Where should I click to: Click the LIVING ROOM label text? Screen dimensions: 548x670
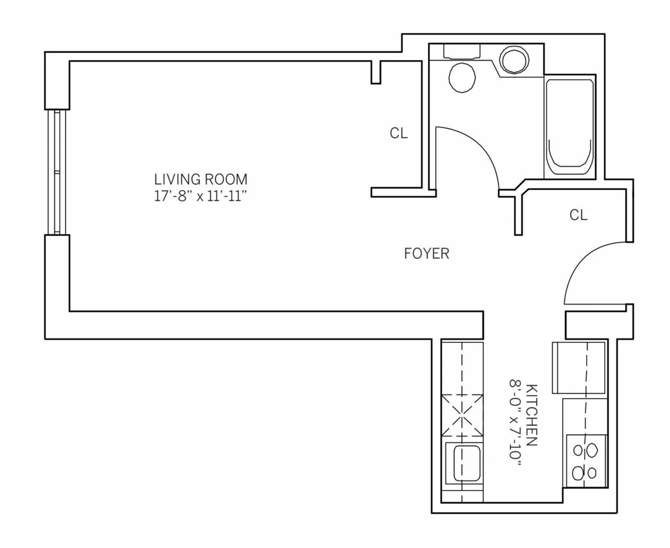(x=200, y=179)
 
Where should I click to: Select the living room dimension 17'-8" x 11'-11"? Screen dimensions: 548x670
(x=200, y=197)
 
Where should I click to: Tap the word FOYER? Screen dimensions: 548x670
(x=427, y=254)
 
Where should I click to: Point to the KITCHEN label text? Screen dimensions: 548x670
(x=532, y=414)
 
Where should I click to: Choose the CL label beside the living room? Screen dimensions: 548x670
(x=399, y=134)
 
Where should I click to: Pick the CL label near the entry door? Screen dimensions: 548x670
(x=578, y=215)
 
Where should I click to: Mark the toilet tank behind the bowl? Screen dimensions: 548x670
(x=462, y=51)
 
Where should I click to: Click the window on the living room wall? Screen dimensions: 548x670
(x=56, y=171)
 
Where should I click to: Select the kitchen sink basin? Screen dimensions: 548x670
(x=467, y=463)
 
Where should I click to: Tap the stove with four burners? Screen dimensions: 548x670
(x=585, y=462)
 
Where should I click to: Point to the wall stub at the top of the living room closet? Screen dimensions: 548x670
(x=376, y=72)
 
